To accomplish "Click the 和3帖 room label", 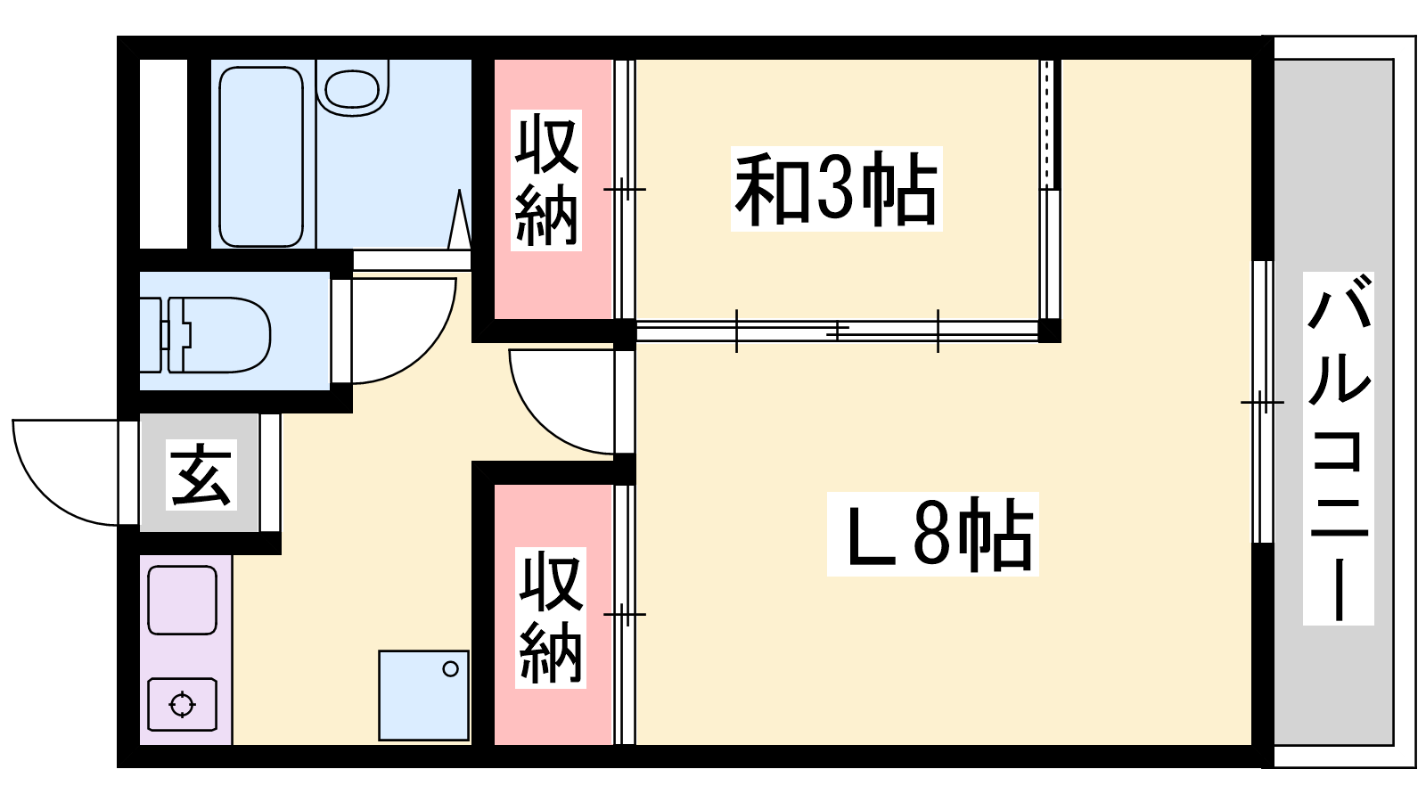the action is point(836,189).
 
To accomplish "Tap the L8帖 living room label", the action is point(932,534).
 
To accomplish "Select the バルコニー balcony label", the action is point(1338,448).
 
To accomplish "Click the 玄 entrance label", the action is point(201,475).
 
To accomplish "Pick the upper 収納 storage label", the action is point(546,180).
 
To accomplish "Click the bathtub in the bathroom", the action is point(261,157).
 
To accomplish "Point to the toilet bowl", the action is point(219,335).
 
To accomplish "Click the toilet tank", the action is point(152,335).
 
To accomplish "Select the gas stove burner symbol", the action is point(182,705).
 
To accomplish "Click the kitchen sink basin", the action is point(182,601).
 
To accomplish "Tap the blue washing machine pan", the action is point(424,696).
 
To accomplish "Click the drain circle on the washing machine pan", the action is point(451,669).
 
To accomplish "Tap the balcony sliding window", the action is point(1263,402).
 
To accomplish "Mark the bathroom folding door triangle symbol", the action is point(460,219).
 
